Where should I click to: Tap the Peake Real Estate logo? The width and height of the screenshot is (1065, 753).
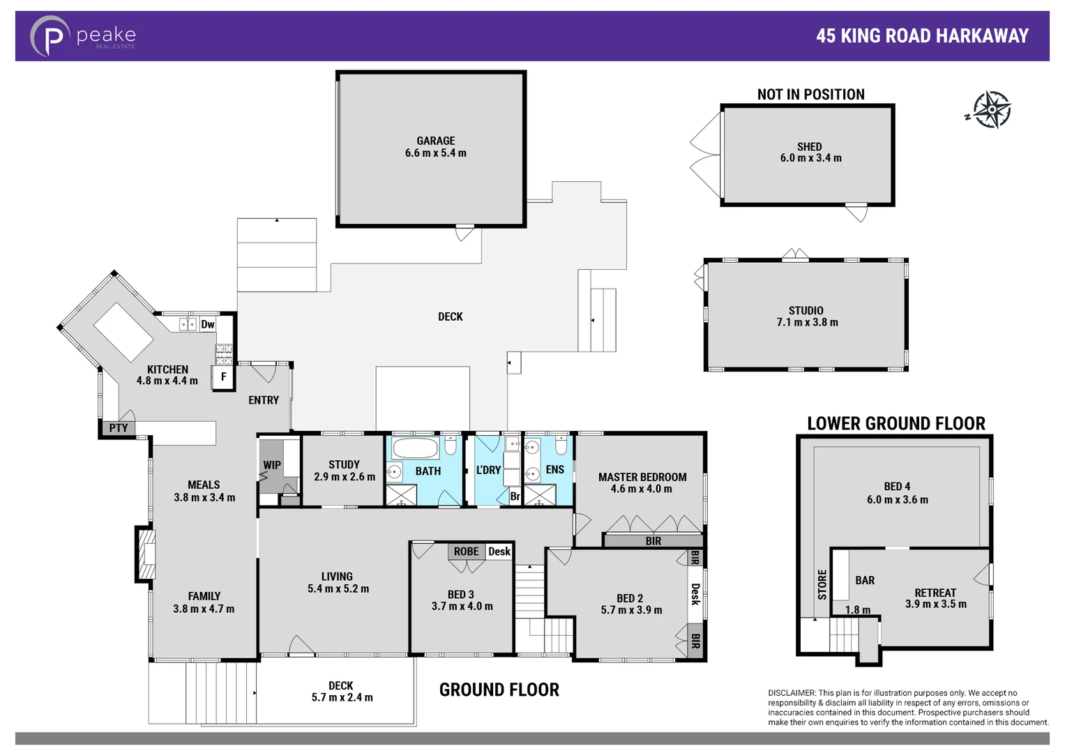pos(83,36)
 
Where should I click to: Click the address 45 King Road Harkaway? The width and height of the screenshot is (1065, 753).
pos(922,36)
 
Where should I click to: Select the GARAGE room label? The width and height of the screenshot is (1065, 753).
pos(436,141)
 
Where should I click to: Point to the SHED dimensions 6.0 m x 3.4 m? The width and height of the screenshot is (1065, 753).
pos(810,158)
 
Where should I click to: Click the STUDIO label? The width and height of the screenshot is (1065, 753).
pos(806,310)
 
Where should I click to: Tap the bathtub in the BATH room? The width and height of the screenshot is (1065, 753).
pos(415,448)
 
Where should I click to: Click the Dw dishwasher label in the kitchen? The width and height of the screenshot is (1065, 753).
pos(208,324)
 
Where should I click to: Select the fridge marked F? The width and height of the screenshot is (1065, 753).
pos(224,376)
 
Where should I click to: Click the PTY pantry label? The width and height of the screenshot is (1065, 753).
pos(118,428)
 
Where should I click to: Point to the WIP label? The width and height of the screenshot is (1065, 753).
pos(272,465)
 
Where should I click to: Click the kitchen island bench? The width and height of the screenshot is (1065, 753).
pos(123,332)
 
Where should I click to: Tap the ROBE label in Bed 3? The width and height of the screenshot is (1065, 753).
pos(466,552)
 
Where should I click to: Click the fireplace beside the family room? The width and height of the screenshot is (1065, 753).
pos(146,555)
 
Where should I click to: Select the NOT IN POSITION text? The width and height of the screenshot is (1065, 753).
pos(810,94)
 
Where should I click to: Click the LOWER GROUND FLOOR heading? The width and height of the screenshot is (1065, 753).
pos(896,423)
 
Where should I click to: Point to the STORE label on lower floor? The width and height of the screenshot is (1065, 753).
pos(822,584)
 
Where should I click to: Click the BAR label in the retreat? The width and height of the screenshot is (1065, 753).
pos(865,580)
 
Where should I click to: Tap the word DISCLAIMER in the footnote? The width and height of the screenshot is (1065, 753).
pos(792,693)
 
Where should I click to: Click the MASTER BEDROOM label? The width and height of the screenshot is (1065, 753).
pos(642,477)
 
